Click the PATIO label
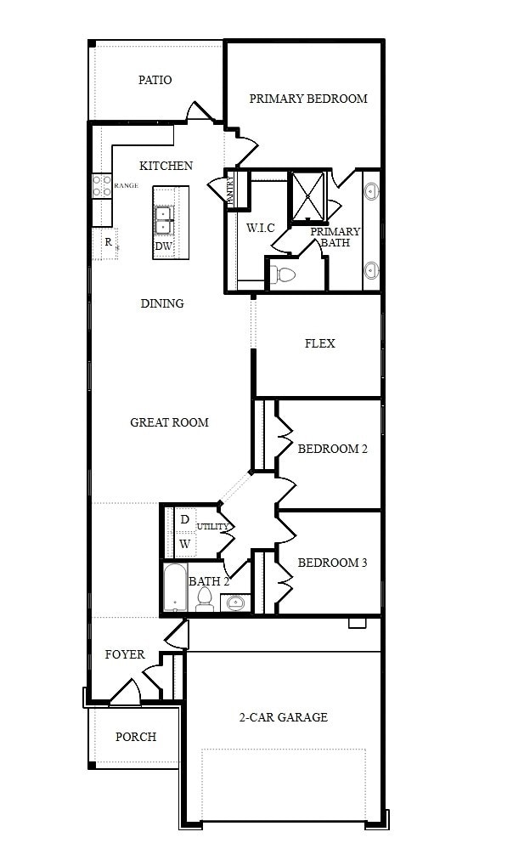155,80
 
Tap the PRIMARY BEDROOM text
308,99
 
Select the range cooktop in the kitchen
101,185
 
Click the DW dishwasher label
163,246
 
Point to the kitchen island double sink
164,219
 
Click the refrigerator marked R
108,242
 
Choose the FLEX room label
319,343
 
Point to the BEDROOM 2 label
332,449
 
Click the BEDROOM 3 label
332,563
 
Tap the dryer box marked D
185,519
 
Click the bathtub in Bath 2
175,587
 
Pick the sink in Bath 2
234,603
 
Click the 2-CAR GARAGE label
284,717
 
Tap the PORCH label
136,737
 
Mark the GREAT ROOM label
169,422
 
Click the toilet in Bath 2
204,601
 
